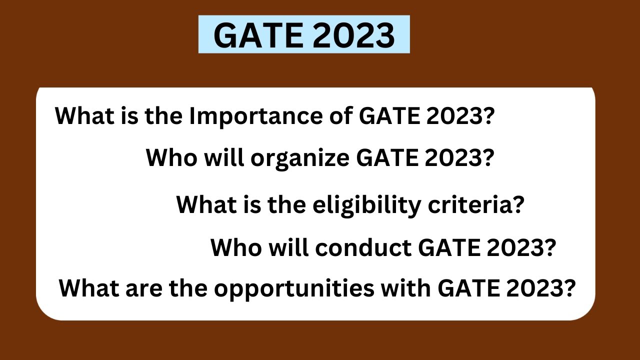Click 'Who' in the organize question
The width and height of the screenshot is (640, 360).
click(x=167, y=158)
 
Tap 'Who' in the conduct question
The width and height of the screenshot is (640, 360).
click(x=232, y=247)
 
